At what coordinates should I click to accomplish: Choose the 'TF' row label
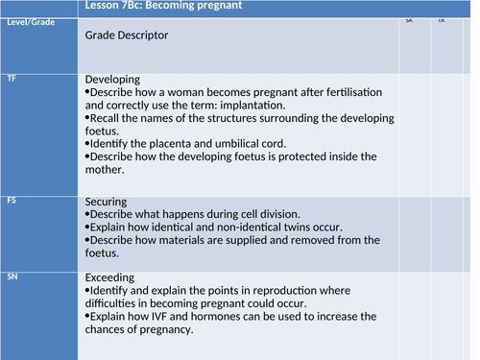pyautogui.click(x=12, y=76)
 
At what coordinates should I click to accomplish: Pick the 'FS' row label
pyautogui.click(x=12, y=201)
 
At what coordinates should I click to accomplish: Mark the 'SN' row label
pyautogui.click(x=12, y=276)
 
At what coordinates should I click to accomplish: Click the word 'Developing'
pyautogui.click(x=113, y=79)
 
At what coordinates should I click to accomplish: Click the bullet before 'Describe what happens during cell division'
pyautogui.click(x=88, y=215)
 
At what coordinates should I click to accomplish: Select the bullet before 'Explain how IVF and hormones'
pyautogui.click(x=88, y=316)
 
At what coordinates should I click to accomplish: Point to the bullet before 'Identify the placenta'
pyautogui.click(x=88, y=142)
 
